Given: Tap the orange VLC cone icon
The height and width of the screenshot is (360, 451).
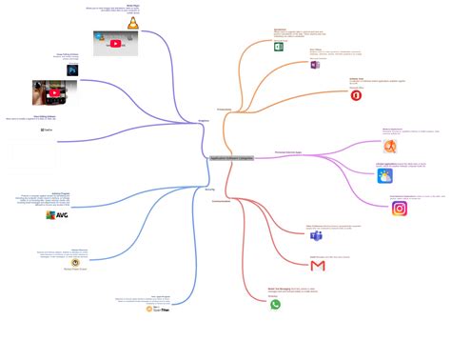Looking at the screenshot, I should point(134,23).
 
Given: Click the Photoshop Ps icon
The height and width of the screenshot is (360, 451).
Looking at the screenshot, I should point(72,70).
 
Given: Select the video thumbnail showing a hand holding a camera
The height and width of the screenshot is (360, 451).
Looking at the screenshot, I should point(54,92).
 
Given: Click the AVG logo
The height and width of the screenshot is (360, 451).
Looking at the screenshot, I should point(57,215).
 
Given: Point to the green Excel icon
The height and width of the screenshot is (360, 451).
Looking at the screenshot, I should point(279,46).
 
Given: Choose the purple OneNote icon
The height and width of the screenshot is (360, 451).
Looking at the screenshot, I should point(315,65).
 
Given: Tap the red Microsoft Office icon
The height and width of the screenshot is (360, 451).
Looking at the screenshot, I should point(356,95).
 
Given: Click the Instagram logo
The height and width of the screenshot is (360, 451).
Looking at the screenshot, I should point(400,209).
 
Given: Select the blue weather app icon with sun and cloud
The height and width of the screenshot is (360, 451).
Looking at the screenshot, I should point(384,175).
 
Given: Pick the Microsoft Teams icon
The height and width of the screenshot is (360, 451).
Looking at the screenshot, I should point(316,235).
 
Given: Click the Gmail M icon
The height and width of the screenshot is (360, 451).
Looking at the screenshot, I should point(318,266).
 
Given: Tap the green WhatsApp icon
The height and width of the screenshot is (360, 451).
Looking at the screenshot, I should point(276,305).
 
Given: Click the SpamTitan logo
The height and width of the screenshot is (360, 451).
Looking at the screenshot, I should point(158,309).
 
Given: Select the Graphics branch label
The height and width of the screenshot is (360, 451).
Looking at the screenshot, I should point(204,121).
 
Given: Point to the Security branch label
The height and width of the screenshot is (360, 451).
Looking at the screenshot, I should point(209,190).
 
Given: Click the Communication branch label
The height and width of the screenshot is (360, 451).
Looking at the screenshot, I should point(222,201).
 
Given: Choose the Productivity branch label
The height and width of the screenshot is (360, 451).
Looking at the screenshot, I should point(225,110).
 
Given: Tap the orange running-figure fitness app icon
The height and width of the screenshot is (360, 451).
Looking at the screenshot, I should point(390,146).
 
